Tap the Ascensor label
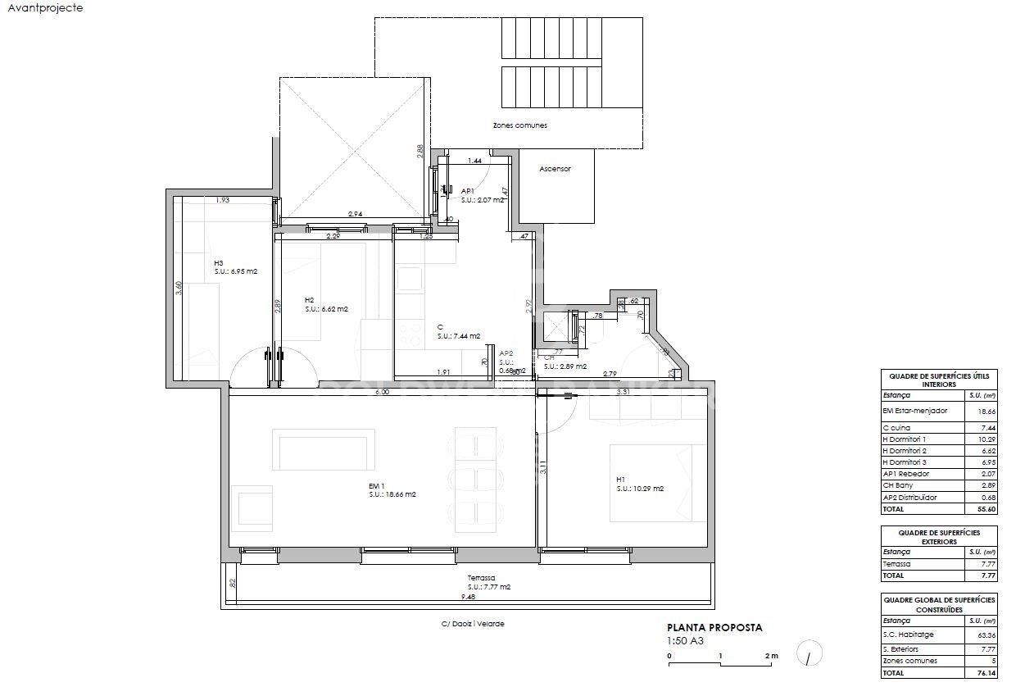click(555, 169)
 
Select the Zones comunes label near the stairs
click(519, 125)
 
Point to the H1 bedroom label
click(621, 480)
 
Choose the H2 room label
click(309, 300)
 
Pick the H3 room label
click(219, 263)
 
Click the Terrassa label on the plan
click(482, 578)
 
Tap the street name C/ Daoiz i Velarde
click(473, 624)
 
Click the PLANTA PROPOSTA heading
click(714, 628)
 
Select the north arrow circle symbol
click(808, 653)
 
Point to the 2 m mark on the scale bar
click(771, 656)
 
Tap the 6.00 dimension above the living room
click(382, 392)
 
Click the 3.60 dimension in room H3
click(179, 289)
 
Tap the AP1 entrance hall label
click(467, 191)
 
